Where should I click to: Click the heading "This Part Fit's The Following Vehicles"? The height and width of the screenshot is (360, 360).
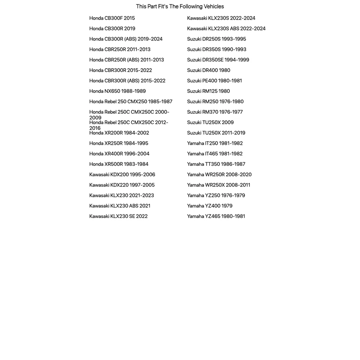(180, 6)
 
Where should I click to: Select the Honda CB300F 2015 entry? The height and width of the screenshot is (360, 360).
(112, 18)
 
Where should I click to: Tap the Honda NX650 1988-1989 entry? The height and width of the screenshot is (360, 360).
(117, 91)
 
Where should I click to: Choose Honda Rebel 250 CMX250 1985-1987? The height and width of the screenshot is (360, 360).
(130, 102)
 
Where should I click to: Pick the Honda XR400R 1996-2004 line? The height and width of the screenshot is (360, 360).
(119, 154)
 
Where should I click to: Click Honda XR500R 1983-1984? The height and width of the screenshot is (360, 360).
(118, 164)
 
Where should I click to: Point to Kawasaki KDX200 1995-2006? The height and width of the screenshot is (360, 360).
(122, 175)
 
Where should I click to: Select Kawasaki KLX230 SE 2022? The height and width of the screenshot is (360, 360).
(118, 216)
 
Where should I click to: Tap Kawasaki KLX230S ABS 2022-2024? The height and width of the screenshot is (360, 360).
(226, 28)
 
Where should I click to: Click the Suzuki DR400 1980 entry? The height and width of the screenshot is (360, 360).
(208, 70)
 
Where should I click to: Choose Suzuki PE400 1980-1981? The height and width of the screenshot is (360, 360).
(214, 81)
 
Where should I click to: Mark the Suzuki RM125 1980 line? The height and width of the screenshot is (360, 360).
(208, 91)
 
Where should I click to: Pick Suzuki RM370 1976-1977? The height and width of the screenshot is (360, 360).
(214, 112)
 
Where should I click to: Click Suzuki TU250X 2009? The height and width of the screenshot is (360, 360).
(210, 123)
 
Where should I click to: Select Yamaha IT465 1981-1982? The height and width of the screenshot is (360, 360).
(214, 154)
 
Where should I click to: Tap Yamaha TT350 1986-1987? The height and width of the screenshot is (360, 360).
(216, 164)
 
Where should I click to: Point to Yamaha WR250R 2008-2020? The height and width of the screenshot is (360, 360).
(219, 175)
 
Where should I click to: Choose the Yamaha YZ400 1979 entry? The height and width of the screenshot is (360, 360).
(210, 206)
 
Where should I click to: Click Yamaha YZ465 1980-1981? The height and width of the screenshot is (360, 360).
(216, 216)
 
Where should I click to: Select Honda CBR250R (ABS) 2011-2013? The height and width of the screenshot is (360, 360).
(126, 60)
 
